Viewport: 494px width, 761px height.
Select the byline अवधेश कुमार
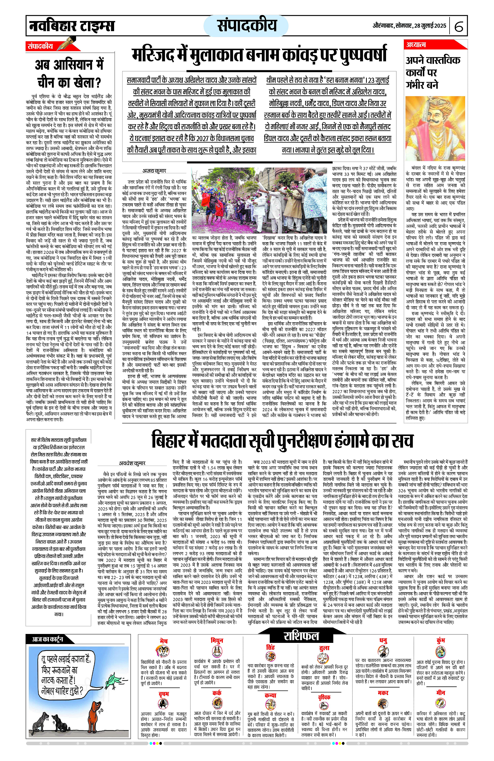132,463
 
